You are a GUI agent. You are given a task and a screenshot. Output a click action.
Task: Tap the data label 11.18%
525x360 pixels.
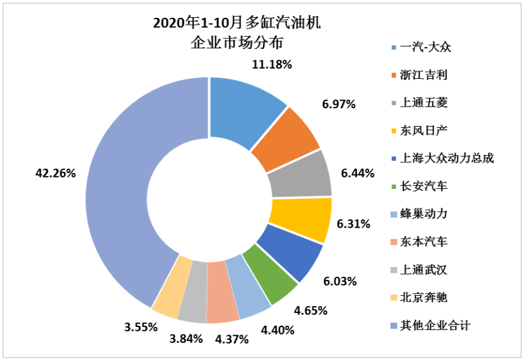point(272,64)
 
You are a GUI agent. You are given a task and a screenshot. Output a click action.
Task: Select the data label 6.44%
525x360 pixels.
point(356,173)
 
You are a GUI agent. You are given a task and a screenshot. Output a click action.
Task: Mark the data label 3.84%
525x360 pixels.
point(185,338)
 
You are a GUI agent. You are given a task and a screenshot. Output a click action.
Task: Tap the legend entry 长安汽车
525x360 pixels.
point(424,186)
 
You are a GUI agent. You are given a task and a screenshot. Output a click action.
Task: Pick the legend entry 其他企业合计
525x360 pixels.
point(435,325)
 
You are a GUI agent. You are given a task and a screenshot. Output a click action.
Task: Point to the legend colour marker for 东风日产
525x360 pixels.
point(395,131)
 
